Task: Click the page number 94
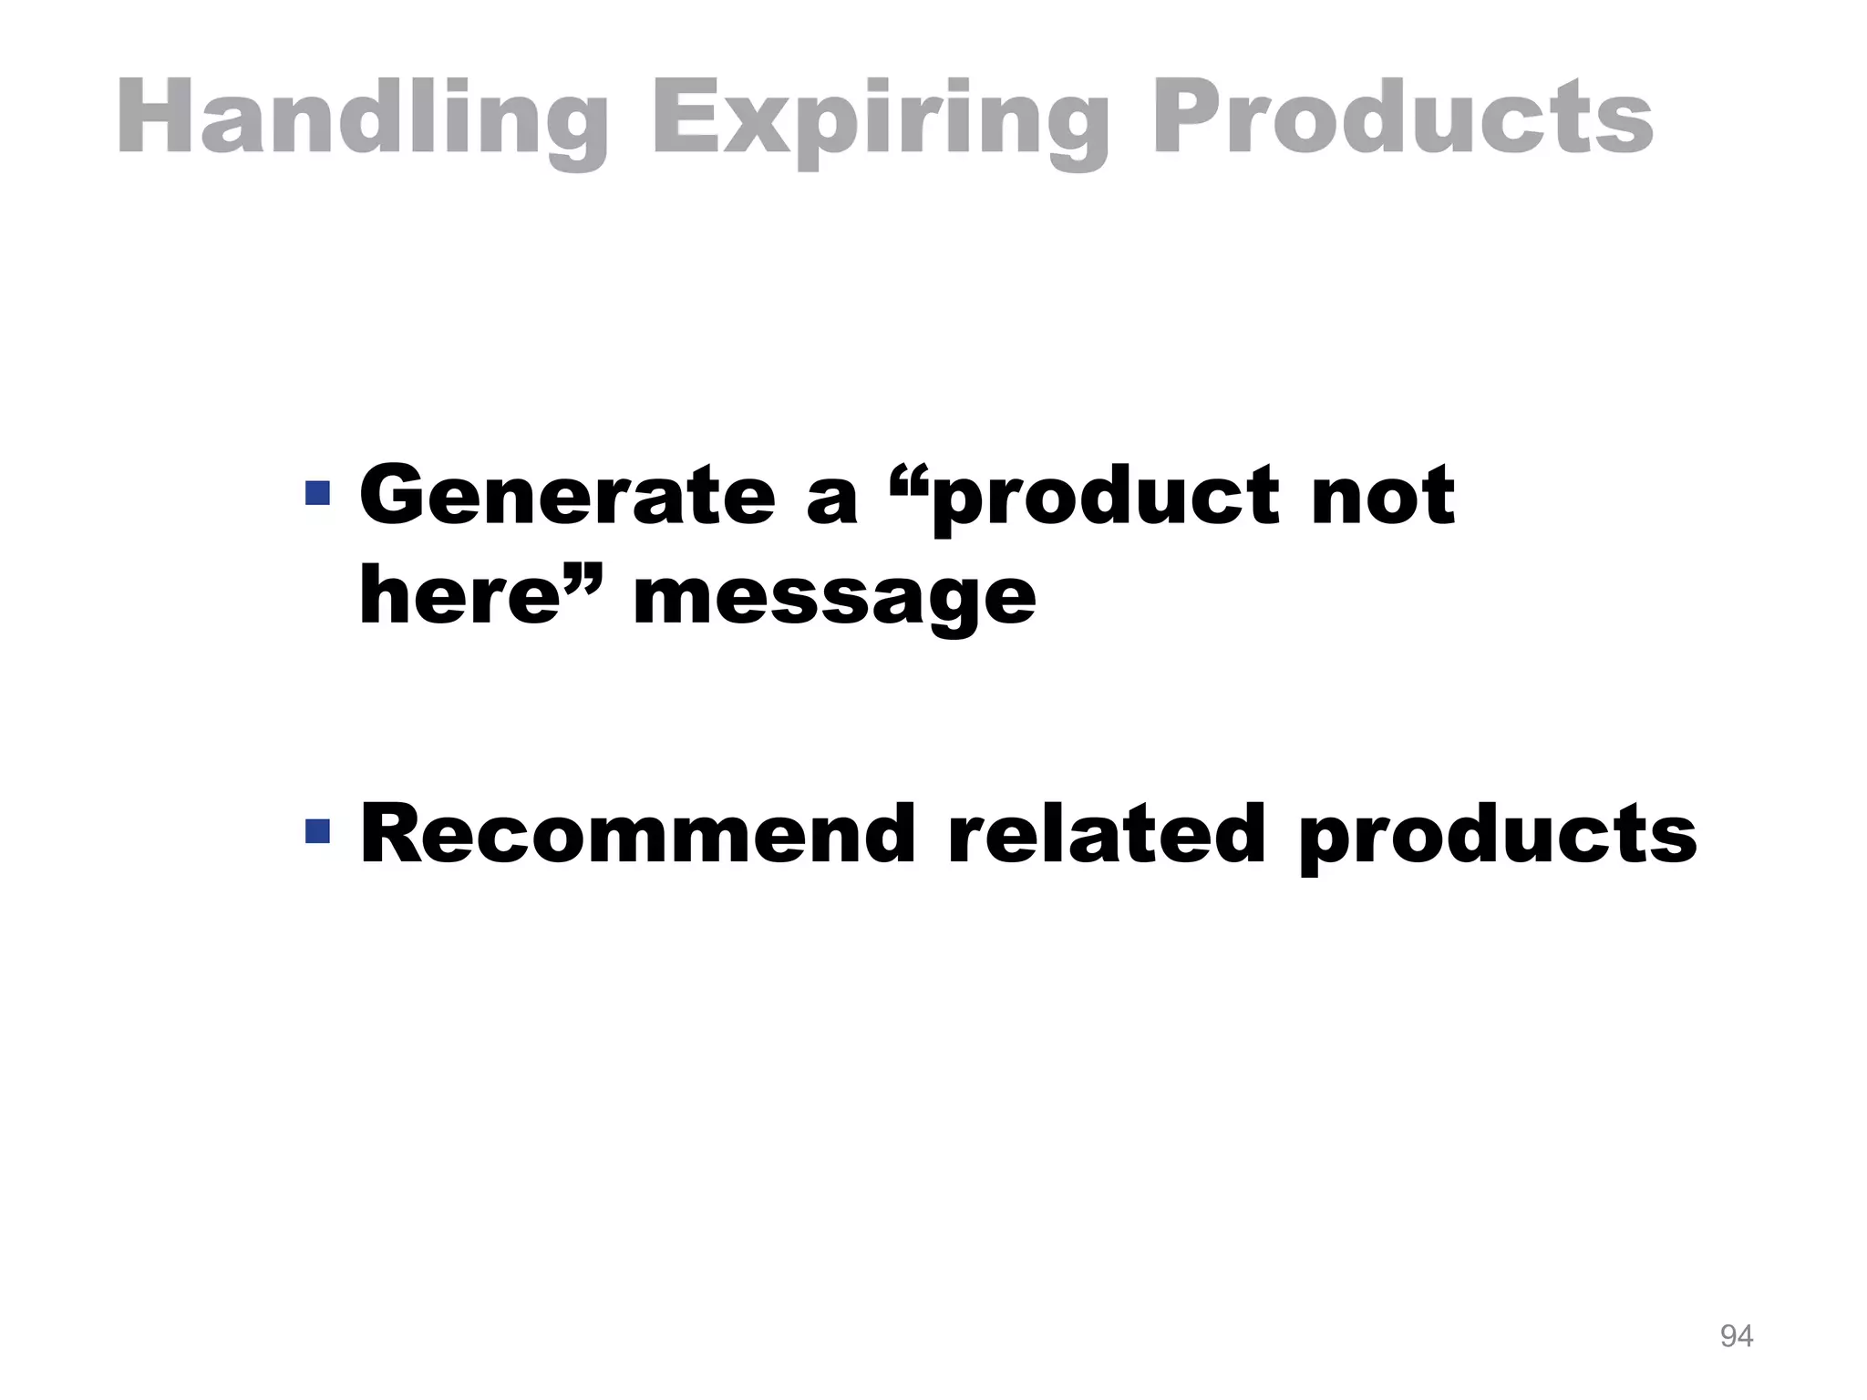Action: click(1736, 1336)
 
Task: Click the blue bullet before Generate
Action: click(317, 493)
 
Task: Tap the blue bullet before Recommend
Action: click(317, 830)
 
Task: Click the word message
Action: click(834, 600)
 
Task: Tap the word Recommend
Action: click(637, 833)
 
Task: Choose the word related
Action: click(1107, 833)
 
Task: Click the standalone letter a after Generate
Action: click(832, 501)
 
